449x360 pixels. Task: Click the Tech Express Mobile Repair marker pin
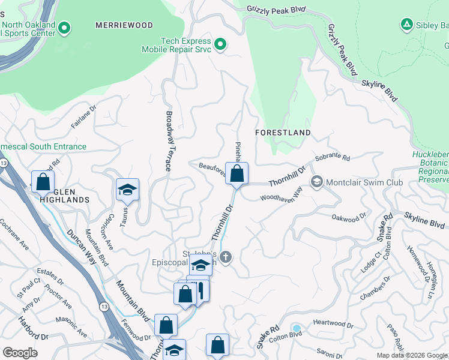click(x=220, y=44)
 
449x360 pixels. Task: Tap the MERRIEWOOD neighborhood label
click(x=124, y=25)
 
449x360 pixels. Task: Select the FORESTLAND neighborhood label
click(x=283, y=132)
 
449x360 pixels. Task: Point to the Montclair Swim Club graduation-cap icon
click(x=317, y=181)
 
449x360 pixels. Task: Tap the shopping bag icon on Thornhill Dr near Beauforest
click(x=237, y=175)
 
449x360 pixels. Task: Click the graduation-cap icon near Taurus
click(x=127, y=190)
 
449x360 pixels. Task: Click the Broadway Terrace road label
click(x=169, y=141)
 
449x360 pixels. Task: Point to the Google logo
click(x=20, y=353)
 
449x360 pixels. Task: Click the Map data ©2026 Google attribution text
click(x=412, y=355)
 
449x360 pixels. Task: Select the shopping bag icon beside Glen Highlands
click(x=43, y=181)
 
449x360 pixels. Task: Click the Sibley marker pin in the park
click(x=406, y=25)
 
